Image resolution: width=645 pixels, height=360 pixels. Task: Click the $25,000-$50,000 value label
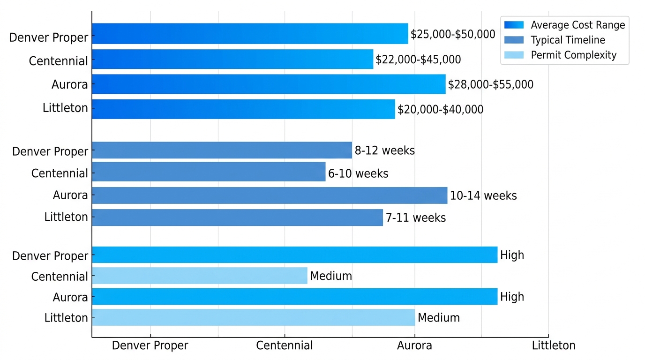pos(453,34)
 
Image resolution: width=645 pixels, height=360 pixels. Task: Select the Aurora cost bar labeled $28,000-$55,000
pos(269,84)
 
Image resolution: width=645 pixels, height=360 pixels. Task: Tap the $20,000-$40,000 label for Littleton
pos(440,110)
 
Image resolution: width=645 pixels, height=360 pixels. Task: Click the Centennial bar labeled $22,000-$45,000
pos(232,60)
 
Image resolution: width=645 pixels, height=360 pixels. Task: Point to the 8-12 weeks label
pos(384,150)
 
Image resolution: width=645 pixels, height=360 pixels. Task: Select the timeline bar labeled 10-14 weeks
pos(270,195)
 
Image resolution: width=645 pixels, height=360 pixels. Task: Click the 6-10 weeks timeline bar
pos(209,172)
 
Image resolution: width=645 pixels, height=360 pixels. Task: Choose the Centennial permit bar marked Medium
pos(200,276)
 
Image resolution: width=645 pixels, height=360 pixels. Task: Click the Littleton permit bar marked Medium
pos(253,317)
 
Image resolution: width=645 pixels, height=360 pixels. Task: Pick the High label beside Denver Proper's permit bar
pos(512,255)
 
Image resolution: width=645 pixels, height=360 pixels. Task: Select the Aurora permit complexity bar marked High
pos(294,297)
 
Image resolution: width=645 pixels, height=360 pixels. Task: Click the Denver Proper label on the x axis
pos(150,346)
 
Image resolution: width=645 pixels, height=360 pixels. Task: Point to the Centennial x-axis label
pos(284,346)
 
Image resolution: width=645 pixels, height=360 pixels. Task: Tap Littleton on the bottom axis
pos(554,346)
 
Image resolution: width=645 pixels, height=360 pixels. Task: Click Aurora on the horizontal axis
pos(414,346)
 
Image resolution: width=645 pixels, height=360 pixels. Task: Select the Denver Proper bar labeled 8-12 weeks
pos(222,150)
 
